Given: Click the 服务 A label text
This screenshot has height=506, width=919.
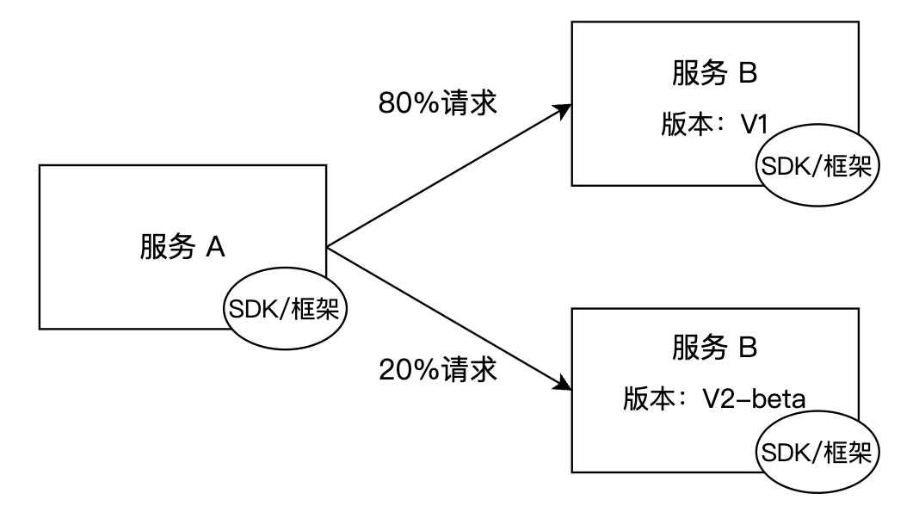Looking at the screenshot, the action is point(182,247).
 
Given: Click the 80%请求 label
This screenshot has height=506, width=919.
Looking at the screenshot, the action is point(438,103).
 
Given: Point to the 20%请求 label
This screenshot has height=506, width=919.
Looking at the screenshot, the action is point(438,370).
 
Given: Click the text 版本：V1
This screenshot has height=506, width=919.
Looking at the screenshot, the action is point(714,124).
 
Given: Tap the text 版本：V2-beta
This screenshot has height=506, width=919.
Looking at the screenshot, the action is point(714,399).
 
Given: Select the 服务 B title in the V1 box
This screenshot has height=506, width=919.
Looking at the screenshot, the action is point(714,74).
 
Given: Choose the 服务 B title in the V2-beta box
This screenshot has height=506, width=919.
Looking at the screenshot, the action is point(714,347).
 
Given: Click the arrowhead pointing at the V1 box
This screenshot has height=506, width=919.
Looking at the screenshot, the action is point(564,110).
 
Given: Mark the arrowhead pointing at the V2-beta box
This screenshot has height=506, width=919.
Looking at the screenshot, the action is point(564,383).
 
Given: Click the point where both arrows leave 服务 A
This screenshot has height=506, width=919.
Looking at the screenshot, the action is point(327,247).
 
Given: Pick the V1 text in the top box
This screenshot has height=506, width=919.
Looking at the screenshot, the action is point(755,125).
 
